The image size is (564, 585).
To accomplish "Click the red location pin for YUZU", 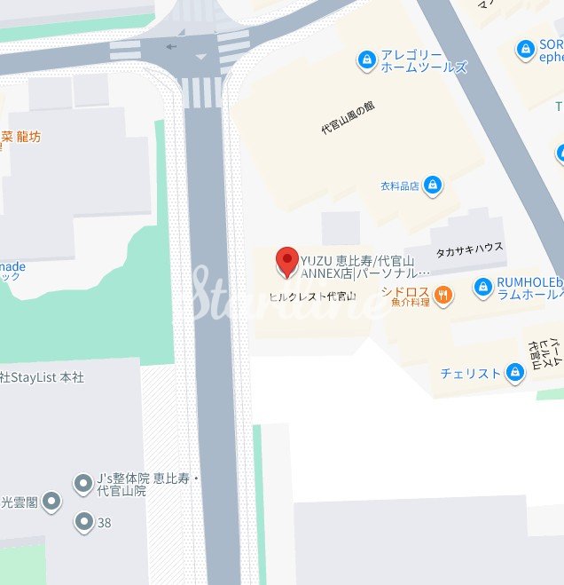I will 286,262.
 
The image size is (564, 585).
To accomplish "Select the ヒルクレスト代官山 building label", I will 312,296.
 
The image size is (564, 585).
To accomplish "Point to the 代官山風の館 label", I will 348,117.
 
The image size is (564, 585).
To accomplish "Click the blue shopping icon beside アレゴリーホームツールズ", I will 365,59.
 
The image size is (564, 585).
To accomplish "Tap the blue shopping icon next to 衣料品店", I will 432,185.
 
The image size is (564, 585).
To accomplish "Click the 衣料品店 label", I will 399,186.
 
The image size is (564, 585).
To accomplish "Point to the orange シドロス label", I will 406,291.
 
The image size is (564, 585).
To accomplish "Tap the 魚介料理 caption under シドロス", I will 410,304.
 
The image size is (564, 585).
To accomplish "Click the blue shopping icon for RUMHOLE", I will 482,287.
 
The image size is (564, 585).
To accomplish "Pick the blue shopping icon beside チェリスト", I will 514,373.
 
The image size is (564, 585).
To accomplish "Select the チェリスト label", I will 470,374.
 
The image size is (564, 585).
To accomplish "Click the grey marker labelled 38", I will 84,522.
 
